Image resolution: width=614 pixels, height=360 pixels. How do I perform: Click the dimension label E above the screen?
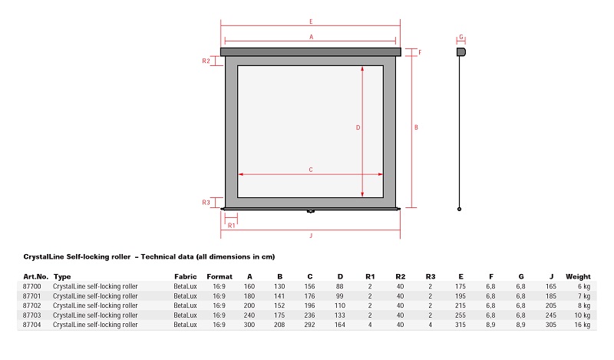[x=311, y=21]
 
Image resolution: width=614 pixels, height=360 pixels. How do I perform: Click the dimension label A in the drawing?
[x=312, y=37]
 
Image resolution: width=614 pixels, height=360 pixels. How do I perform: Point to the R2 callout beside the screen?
[x=206, y=61]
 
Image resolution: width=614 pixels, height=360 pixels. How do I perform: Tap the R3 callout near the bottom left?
[x=206, y=203]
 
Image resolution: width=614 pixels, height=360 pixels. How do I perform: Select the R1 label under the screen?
[x=232, y=226]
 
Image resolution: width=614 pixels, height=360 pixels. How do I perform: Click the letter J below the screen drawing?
[x=311, y=236]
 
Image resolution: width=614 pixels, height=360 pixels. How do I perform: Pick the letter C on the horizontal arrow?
[x=311, y=170]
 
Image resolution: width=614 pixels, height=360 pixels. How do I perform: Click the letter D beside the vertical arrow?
[x=358, y=127]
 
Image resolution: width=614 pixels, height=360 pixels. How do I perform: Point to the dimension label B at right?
[x=416, y=127]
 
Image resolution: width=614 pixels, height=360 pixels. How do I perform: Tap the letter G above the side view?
[x=461, y=37]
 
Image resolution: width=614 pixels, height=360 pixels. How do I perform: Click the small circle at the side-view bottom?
[x=459, y=210]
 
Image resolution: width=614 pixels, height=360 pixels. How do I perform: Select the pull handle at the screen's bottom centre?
[x=311, y=211]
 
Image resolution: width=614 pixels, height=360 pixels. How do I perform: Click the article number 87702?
[x=31, y=306]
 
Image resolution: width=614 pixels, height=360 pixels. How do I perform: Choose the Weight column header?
[x=578, y=276]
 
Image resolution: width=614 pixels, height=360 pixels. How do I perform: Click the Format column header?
[x=220, y=276]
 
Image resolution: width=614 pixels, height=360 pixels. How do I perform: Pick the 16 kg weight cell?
[x=583, y=325]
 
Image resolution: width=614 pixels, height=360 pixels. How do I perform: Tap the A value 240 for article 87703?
[x=249, y=315]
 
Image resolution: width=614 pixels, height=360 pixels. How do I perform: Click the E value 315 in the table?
[x=460, y=325]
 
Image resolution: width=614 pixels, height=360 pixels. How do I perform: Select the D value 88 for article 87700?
[x=340, y=286]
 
